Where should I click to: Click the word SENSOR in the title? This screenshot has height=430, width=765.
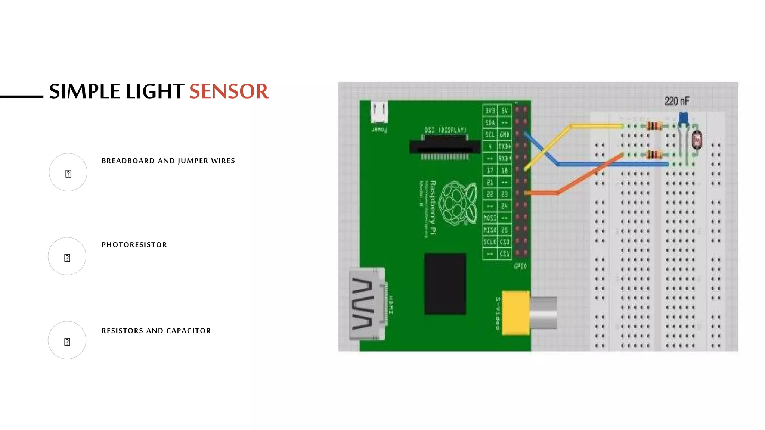(229, 91)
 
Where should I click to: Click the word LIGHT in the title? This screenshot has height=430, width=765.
(154, 91)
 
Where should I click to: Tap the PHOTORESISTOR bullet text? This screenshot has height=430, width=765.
(134, 245)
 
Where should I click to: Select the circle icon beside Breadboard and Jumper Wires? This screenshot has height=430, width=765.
(68, 172)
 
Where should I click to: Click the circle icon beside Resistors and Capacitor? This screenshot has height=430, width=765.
(67, 340)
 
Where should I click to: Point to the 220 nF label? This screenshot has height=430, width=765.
(676, 101)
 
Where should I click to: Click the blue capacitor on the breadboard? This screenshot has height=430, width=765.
(683, 119)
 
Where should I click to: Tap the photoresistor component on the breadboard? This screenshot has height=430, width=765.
(697, 140)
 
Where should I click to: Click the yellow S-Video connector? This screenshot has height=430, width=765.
(516, 313)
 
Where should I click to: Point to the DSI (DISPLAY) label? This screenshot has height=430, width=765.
(446, 130)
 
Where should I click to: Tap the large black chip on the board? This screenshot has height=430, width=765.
(445, 284)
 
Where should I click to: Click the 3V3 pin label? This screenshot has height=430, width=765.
(490, 111)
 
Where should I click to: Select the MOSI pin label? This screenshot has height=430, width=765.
(490, 218)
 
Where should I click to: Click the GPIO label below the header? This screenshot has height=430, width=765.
(520, 266)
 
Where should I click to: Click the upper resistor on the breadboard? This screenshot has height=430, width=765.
(654, 126)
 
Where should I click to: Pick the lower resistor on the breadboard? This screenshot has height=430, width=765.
(654, 154)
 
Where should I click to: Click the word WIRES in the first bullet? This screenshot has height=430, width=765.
(223, 161)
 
